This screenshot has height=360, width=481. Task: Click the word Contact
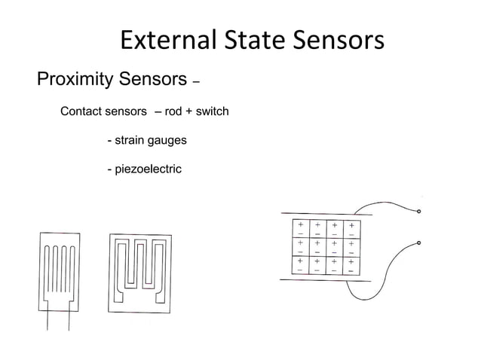(81, 112)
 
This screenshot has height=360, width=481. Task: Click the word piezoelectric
(148, 169)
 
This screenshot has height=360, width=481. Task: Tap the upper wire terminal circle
(419, 212)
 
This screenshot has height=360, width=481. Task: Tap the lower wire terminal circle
(419, 243)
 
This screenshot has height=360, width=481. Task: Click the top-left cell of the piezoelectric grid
(300, 229)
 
